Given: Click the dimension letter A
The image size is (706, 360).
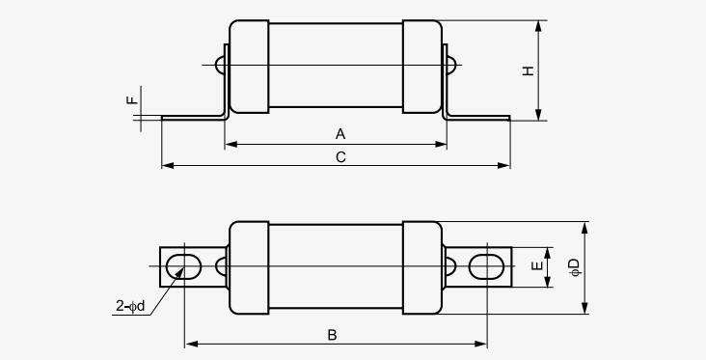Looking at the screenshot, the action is click(340, 134).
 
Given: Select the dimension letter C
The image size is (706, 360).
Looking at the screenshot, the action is click(340, 157).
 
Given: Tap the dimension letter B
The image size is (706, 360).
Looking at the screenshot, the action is click(332, 335).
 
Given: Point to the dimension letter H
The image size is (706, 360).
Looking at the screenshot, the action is click(529, 70).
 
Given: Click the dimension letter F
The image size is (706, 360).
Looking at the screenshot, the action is click(132, 100).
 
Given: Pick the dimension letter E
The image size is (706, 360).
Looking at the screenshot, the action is click(537, 266).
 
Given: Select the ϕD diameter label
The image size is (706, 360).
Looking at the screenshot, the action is click(575, 266).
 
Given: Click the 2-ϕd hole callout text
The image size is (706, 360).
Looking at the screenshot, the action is click(130, 306).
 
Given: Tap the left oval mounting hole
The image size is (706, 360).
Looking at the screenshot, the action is click(183, 266).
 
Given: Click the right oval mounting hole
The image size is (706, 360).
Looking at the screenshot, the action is click(486, 266).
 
